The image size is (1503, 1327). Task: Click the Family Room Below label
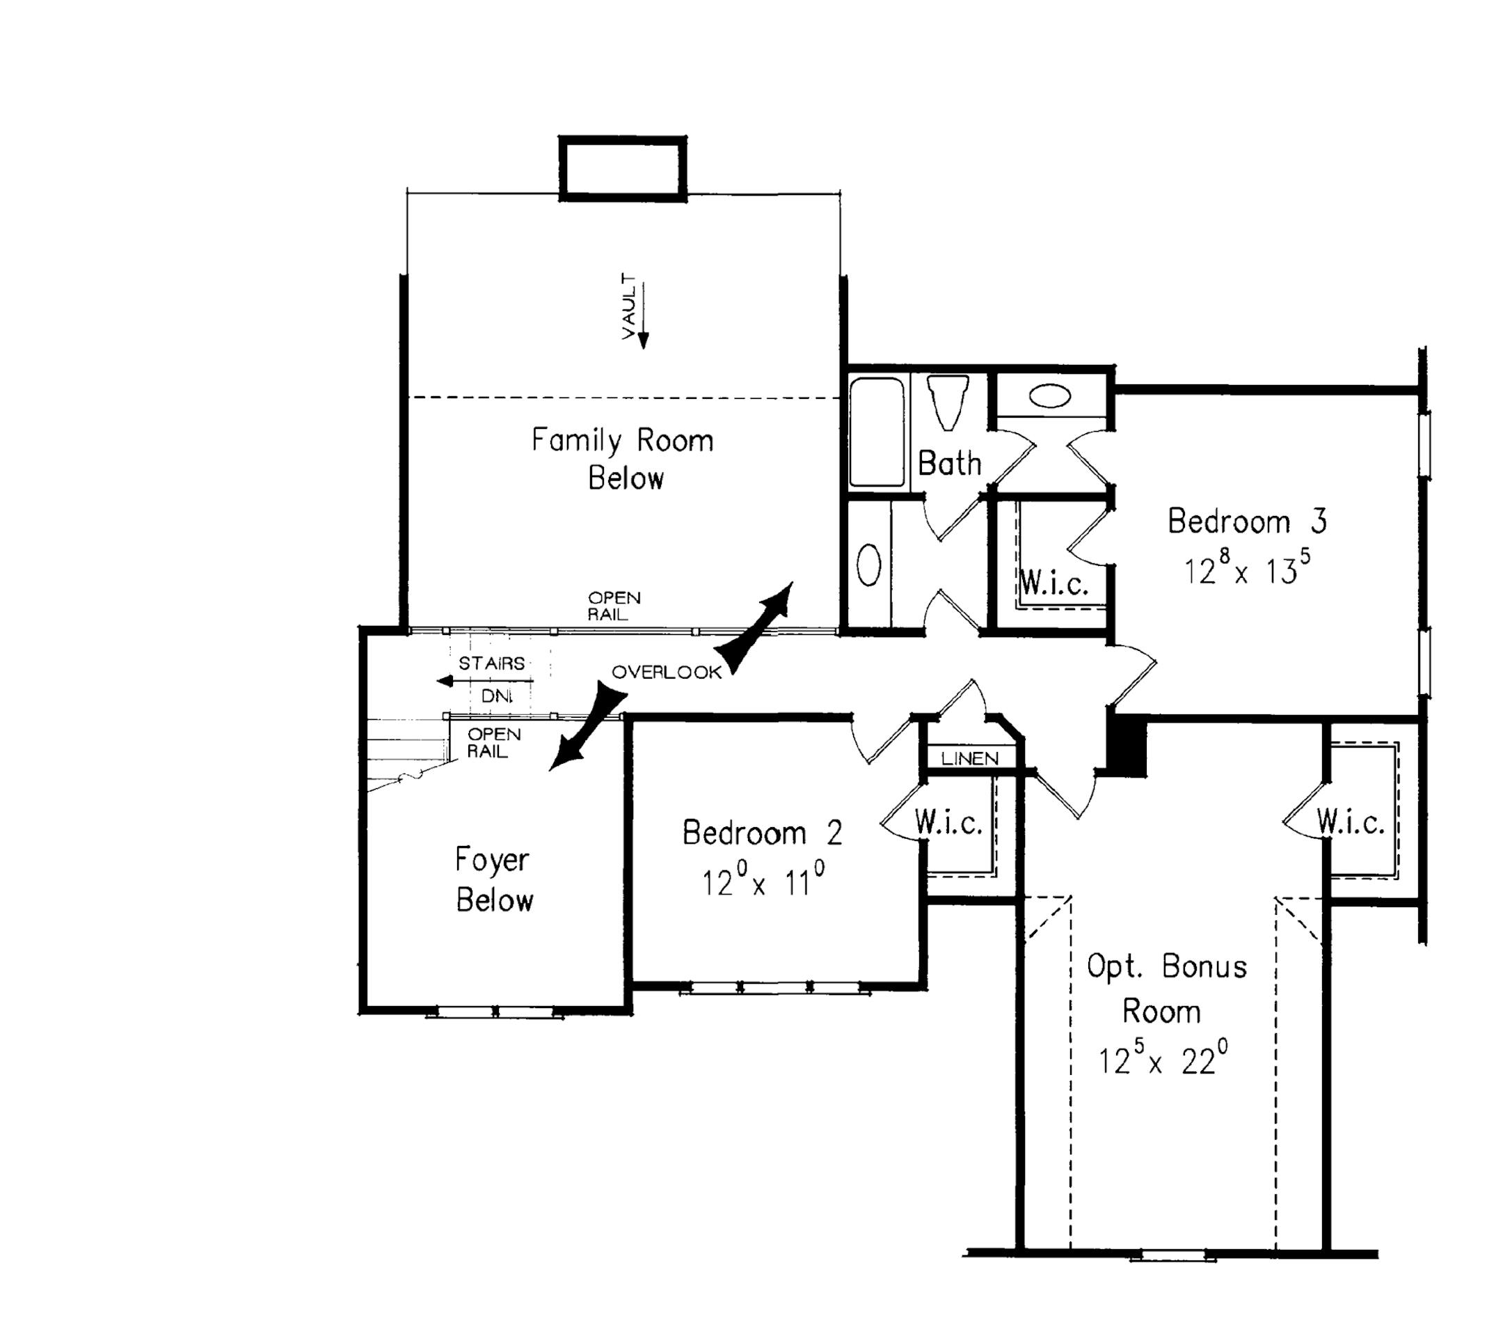[x=623, y=459]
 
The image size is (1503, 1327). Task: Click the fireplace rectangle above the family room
[x=623, y=168]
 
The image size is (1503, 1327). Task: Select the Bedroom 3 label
[x=1247, y=521]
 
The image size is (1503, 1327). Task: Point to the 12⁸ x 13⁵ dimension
[x=1247, y=569]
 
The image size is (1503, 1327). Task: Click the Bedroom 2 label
[x=762, y=833]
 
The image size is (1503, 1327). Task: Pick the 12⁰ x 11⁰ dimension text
[x=762, y=881]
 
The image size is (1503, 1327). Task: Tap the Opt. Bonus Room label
[x=1166, y=988]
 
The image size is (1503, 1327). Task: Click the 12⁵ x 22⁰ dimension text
[x=1163, y=1059]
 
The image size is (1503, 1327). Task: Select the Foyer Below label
[x=493, y=880]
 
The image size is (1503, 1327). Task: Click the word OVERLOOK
[x=666, y=672]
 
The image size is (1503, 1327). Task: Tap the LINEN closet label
[x=969, y=758]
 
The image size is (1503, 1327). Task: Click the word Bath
[x=949, y=464]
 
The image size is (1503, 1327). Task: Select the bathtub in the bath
[x=877, y=432]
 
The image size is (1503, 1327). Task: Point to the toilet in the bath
[x=946, y=402]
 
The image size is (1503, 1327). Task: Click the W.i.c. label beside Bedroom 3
[x=1053, y=584]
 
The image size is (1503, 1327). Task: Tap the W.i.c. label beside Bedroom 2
[x=948, y=823]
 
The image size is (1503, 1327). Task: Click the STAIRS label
[x=491, y=663]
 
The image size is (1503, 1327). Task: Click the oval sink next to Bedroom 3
[x=1049, y=396]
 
